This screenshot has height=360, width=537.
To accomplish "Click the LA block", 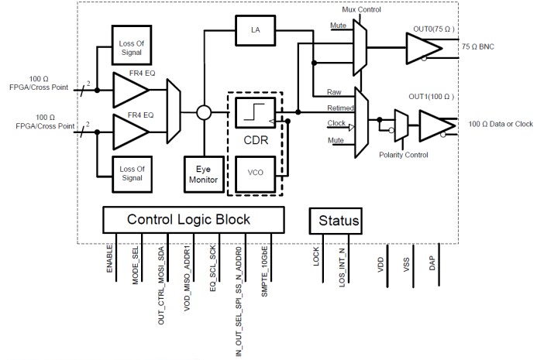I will pos(255,30).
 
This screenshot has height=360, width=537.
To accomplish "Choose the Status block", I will pos(339,221).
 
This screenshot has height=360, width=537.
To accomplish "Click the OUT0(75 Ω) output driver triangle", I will pos(423,46).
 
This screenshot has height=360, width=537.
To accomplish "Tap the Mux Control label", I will pos(362,9).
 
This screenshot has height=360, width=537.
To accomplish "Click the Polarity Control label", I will pos(404,155).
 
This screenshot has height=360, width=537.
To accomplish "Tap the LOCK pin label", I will pos(316,257).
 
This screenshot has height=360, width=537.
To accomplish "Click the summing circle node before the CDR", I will pos(204,113).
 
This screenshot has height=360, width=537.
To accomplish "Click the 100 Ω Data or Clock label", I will pos(500,124).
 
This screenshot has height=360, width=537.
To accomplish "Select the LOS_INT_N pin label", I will pos(342,266).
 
